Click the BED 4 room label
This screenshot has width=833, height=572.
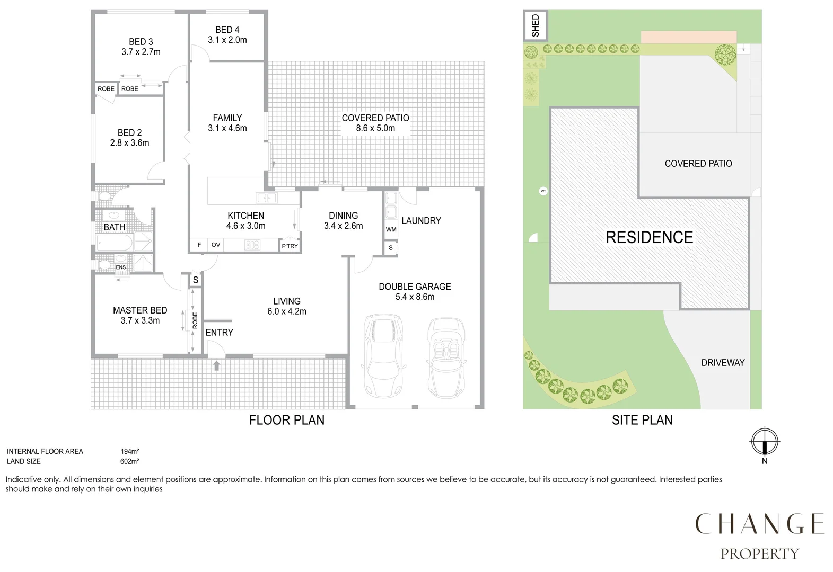[x=227, y=30]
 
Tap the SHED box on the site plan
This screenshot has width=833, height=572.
[x=535, y=25]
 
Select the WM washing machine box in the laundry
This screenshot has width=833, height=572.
[x=391, y=229]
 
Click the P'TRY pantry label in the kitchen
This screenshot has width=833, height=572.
[x=290, y=246]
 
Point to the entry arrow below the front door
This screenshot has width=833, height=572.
[x=216, y=365]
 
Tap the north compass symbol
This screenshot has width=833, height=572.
[x=764, y=441]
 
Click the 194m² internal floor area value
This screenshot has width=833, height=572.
[x=129, y=452]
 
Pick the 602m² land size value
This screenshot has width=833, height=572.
[x=129, y=461]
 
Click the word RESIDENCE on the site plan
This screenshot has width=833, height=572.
[x=649, y=237]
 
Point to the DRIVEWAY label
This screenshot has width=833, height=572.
[x=723, y=363]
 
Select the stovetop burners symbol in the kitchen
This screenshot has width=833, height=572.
[x=252, y=245]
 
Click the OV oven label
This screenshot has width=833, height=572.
[x=216, y=245]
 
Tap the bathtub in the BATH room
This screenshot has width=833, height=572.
[x=115, y=244]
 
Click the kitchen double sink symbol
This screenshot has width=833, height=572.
[x=266, y=198]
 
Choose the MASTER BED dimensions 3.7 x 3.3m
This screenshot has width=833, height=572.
[x=140, y=320]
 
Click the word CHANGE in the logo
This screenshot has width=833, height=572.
[x=759, y=524]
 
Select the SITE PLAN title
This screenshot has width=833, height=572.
[x=642, y=420]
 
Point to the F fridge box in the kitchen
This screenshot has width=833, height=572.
[x=199, y=245]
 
